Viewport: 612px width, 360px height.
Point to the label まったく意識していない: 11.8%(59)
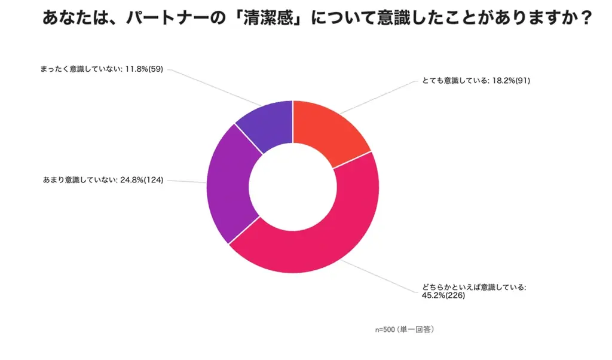point(99,69)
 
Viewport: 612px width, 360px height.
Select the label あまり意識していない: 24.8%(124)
point(103,180)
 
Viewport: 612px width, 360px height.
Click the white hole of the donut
point(292,187)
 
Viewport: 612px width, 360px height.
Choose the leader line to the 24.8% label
point(185,181)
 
